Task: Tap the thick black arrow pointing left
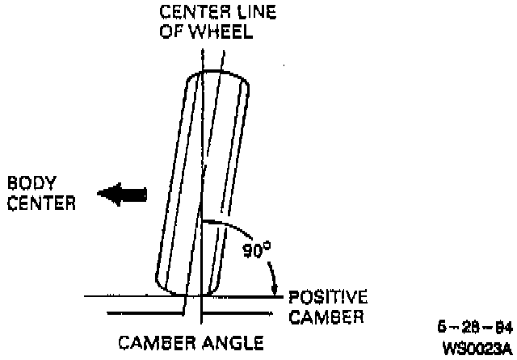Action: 122,193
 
